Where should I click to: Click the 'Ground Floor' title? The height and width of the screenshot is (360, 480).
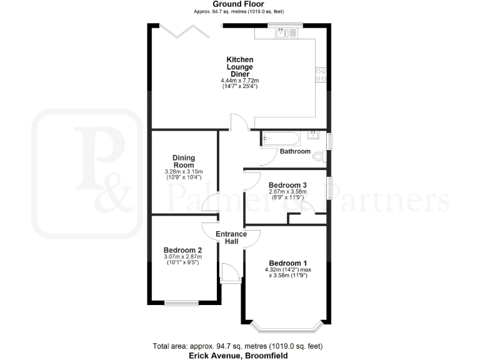[239, 4]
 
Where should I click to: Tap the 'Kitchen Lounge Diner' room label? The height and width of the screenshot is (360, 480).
[239, 67]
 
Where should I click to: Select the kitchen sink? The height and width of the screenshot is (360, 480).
[287, 32]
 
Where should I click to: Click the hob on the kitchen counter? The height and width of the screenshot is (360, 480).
[321, 75]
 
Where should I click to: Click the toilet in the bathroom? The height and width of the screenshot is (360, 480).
[319, 156]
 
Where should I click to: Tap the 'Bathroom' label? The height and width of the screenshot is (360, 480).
[294, 152]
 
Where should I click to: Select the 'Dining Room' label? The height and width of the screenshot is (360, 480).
[184, 161]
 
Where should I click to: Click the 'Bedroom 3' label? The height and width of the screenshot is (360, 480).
[287, 186]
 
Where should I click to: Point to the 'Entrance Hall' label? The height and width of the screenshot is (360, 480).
[231, 238]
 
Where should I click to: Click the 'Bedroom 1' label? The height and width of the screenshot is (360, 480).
[288, 262]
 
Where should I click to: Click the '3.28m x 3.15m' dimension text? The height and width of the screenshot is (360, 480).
[184, 172]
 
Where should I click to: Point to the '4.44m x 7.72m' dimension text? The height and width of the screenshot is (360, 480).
[239, 81]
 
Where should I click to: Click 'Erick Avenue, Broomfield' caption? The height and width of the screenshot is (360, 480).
[239, 355]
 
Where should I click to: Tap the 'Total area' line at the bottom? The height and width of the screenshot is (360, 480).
[239, 346]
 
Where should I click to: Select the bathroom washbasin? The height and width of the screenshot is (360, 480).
[314, 135]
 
